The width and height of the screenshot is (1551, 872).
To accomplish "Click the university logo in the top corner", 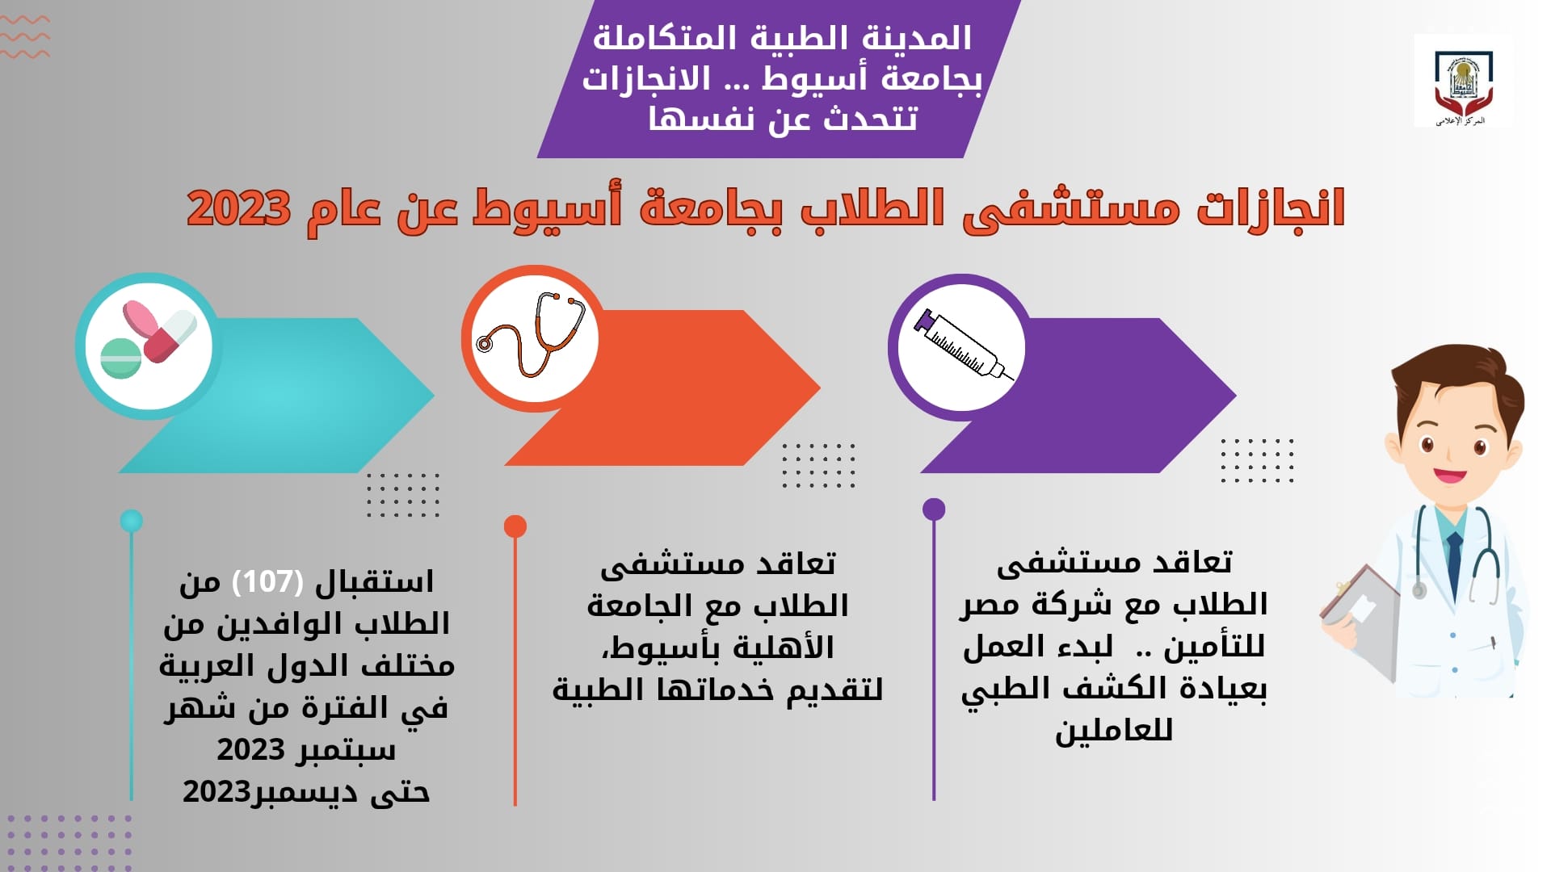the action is tap(1463, 81).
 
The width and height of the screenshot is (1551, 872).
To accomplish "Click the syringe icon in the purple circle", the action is tap(963, 345).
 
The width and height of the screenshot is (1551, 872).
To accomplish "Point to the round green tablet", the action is tap(120, 358).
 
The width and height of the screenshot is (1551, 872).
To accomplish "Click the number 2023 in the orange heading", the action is tap(238, 208).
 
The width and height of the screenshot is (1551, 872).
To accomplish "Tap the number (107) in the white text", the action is tap(267, 581).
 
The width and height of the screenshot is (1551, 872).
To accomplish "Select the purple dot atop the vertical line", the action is tap(934, 509).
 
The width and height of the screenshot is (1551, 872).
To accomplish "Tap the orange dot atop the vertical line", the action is tap(515, 526).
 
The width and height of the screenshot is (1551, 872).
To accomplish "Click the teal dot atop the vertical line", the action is tap(131, 521).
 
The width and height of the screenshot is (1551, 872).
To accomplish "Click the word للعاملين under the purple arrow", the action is tap(1114, 731).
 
